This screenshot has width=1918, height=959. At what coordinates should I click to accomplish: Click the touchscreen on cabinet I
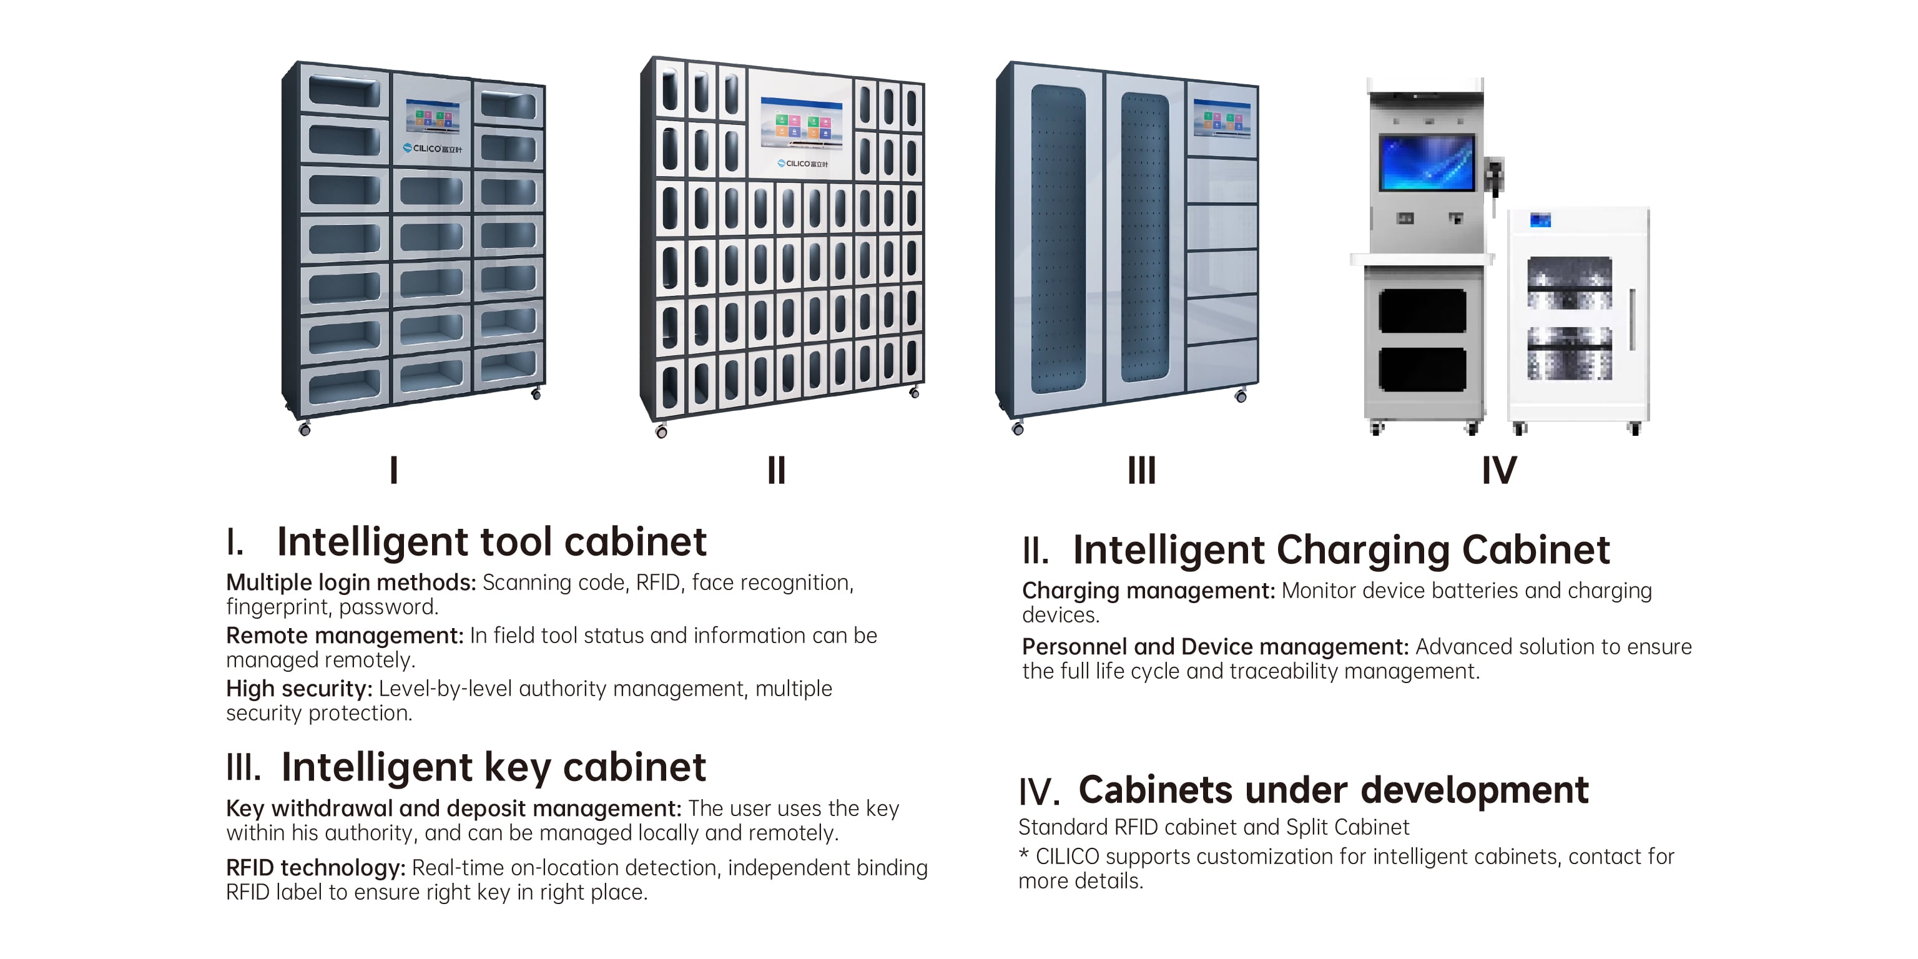click(x=432, y=117)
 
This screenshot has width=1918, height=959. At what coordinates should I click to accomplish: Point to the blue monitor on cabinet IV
click(x=1427, y=162)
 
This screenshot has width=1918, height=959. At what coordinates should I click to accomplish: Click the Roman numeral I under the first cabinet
click(x=394, y=471)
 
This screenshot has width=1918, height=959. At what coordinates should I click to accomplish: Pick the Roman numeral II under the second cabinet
click(x=776, y=471)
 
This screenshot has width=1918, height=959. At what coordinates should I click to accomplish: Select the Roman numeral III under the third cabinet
click(x=1141, y=471)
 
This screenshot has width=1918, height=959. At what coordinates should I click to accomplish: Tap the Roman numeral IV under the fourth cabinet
click(x=1499, y=471)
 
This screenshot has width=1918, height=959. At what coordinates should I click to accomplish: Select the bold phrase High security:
click(x=298, y=689)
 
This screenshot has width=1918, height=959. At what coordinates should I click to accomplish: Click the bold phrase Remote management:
click(x=345, y=636)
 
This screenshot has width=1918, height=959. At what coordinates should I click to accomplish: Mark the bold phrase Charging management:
click(x=1148, y=591)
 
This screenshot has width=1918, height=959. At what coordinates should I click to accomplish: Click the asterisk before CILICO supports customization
click(x=1024, y=855)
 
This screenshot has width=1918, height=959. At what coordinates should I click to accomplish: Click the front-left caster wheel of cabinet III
click(x=1018, y=429)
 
